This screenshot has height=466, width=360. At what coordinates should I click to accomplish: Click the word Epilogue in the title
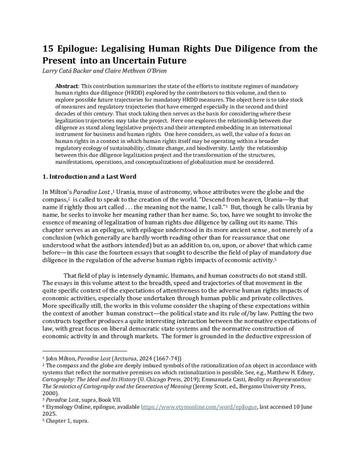pyautogui.click(x=78, y=49)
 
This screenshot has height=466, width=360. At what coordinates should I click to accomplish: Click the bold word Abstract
pyautogui.click(x=66, y=86)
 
